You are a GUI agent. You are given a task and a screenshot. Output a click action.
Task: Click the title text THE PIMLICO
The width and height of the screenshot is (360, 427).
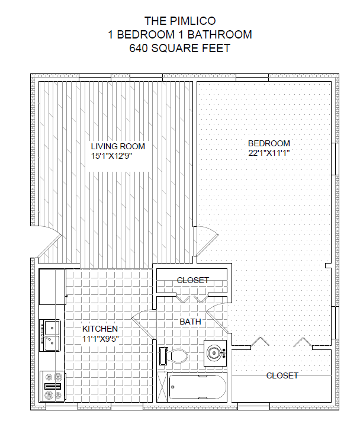[x=179, y=21]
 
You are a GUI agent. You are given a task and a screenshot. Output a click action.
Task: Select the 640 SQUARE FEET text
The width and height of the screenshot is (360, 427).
[x=179, y=49]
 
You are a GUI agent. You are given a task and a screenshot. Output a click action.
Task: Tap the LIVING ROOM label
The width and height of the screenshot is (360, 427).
[x=118, y=146]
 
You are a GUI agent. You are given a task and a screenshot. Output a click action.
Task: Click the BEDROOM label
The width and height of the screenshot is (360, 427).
[x=269, y=143]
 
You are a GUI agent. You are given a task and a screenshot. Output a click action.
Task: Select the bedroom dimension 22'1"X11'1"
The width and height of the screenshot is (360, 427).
[x=269, y=153]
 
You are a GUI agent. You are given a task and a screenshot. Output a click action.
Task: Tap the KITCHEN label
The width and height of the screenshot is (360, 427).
[x=100, y=329]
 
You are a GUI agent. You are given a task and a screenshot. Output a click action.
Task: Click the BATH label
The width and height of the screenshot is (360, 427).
[x=191, y=322]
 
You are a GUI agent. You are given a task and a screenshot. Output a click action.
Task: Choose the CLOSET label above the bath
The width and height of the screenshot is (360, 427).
[x=193, y=280]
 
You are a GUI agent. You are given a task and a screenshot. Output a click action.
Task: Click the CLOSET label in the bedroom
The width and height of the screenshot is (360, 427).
[x=282, y=376]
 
